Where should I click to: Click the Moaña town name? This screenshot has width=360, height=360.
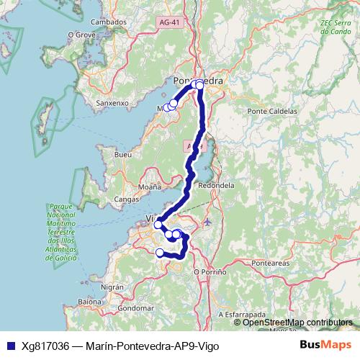150,186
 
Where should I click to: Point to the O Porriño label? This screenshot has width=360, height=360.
210,271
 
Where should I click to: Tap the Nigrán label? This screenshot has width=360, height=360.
113,286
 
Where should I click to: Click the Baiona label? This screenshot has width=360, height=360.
91,302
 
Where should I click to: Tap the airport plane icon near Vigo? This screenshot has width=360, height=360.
208,221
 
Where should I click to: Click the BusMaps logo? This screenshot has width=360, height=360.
325,346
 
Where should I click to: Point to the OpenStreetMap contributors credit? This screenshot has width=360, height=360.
297,323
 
